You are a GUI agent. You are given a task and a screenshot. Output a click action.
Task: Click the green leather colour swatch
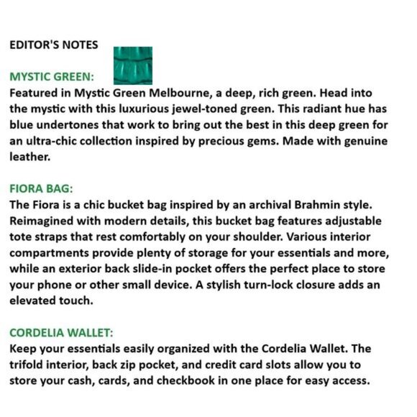pos(133,65)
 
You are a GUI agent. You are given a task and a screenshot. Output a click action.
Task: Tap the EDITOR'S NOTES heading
pos(54,45)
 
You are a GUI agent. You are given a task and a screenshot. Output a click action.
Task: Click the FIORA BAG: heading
pos(41,189)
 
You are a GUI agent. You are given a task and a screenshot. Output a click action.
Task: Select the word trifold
pos(29,365)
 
